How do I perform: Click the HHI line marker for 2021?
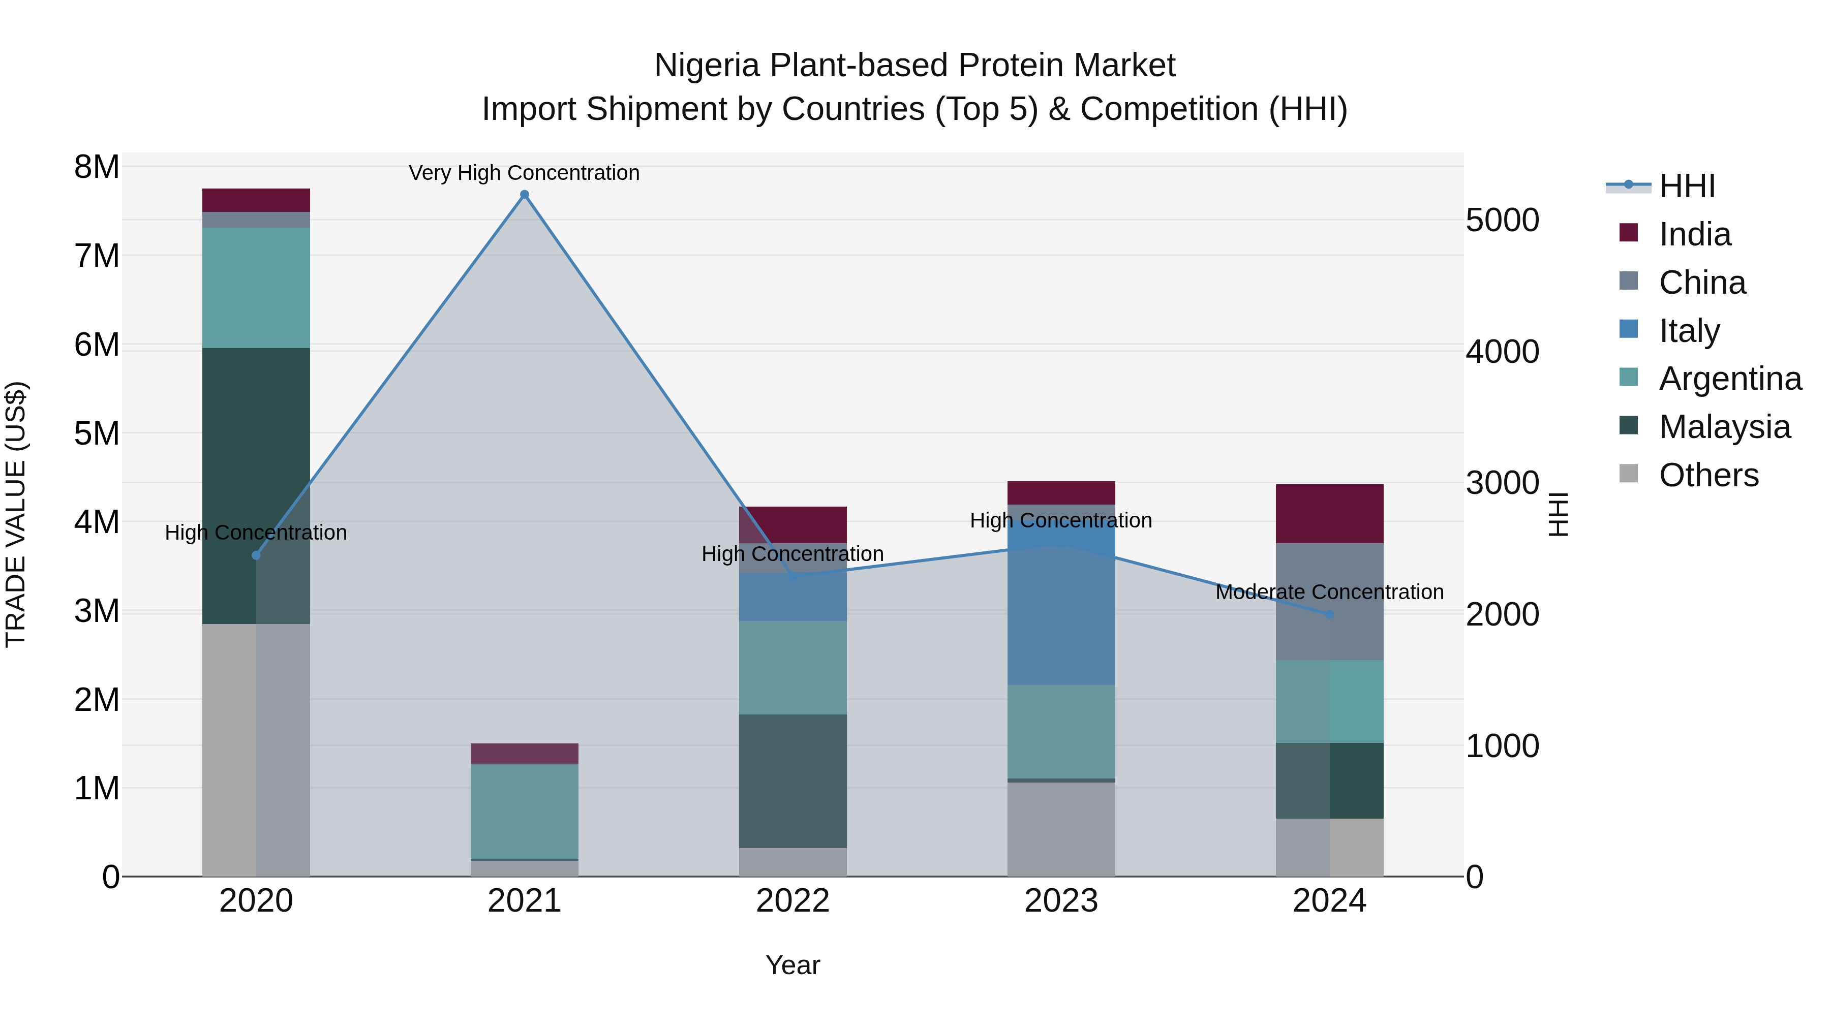pos(524,195)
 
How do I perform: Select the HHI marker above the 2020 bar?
pos(257,555)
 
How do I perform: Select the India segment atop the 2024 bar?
pos(1329,513)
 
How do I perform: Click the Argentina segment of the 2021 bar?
pos(524,812)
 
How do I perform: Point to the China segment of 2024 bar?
pos(1329,602)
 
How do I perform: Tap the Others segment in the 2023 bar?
pos(1061,829)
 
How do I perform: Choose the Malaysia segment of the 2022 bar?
pos(793,781)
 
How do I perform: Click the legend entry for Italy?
pos(1689,331)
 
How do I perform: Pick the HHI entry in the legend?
pos(1687,186)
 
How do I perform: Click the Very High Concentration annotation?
pos(524,173)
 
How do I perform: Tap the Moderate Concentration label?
pos(1329,591)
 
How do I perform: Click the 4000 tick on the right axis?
pos(1502,352)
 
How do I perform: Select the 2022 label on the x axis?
pos(793,901)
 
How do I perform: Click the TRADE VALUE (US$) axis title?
pos(16,514)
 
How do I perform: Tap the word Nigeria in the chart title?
pos(707,66)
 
